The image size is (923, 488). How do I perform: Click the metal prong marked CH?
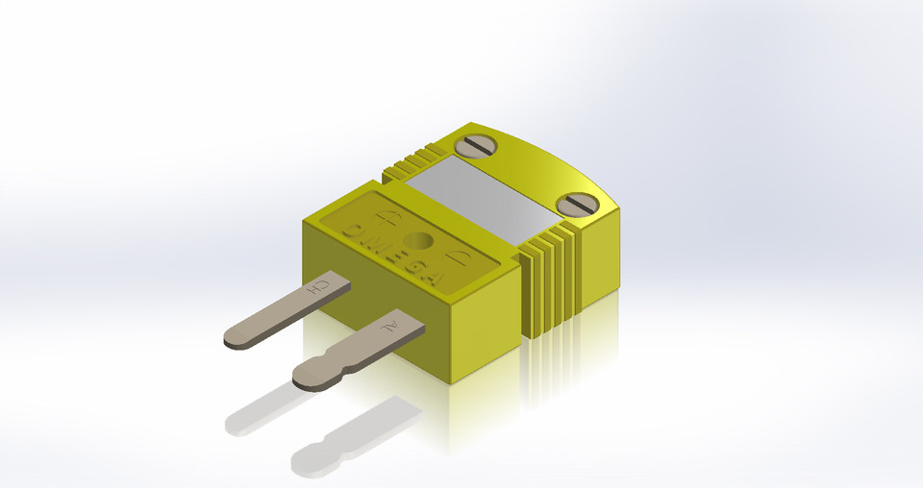pyautogui.click(x=279, y=313)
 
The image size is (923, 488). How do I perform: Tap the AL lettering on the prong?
pyautogui.click(x=390, y=328)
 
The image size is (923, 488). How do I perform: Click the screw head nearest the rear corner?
pyautogui.click(x=475, y=146)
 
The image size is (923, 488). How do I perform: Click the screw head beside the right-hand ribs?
pyautogui.click(x=579, y=205)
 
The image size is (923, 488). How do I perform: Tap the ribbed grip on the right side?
pyautogui.click(x=553, y=279)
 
